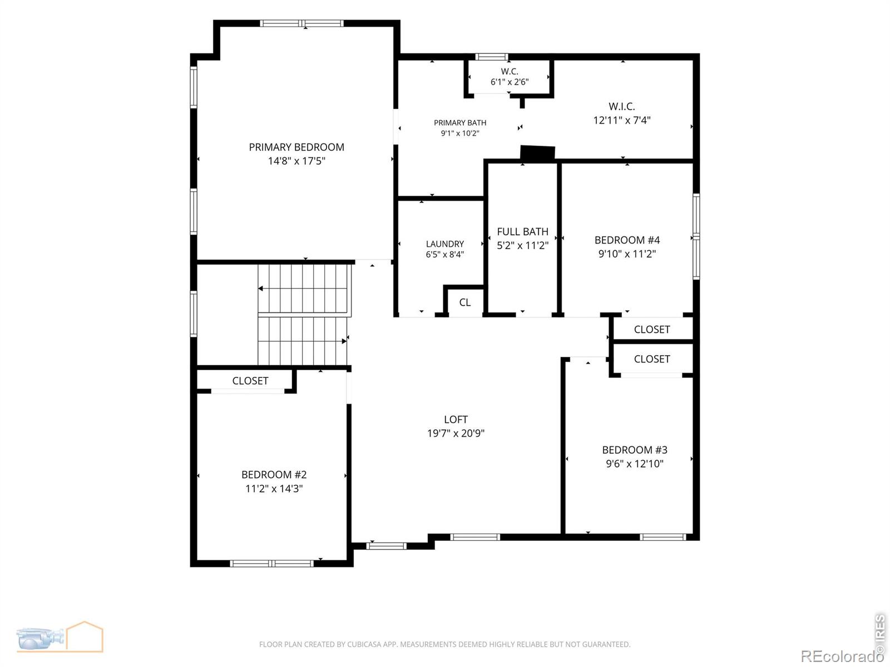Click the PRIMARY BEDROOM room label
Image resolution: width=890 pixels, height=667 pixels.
(296, 147)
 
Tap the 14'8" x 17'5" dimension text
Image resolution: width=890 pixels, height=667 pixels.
(296, 161)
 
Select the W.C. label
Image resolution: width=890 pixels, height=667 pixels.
(510, 71)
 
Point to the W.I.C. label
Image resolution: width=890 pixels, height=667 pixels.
(621, 106)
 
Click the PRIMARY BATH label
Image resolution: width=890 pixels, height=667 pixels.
(460, 123)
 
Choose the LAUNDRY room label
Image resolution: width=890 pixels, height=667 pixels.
(445, 244)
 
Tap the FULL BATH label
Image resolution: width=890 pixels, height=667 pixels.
(523, 232)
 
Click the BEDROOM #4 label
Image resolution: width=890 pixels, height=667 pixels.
(627, 240)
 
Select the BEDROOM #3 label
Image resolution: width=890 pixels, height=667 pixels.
(635, 450)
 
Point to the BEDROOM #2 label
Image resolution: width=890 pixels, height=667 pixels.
(274, 475)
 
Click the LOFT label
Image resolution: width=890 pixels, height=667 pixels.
(456, 420)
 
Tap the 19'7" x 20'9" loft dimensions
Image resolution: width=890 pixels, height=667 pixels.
(456, 434)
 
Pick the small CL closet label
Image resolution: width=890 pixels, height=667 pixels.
(464, 302)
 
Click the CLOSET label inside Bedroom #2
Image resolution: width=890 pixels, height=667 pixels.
(250, 381)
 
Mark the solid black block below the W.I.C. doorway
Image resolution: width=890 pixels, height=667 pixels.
(538, 153)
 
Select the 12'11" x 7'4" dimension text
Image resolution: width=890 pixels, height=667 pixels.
(621, 120)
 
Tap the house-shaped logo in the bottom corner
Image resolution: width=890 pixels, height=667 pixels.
(85, 636)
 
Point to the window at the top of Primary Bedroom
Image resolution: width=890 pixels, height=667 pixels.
(301, 23)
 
